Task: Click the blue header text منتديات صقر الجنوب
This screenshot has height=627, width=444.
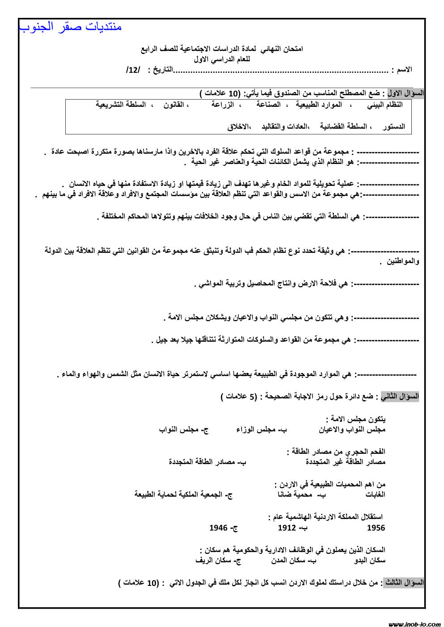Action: pos(71,27)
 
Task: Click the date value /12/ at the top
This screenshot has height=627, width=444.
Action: pos(133,70)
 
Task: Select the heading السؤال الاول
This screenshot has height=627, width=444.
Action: pos(405,93)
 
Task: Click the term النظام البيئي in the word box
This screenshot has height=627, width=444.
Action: pos(385,105)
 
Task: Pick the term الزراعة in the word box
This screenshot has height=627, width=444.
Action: pos(222,105)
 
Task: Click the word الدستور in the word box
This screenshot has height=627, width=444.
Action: pos(394,127)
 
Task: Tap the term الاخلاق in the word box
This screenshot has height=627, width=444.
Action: pos(237,127)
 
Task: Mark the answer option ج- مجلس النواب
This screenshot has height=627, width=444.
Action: pos(184,430)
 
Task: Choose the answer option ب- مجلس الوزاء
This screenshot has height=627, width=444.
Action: pos(262,430)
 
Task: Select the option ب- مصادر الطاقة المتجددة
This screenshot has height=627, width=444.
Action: pos(207,462)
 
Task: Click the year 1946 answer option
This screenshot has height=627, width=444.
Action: pos(223,528)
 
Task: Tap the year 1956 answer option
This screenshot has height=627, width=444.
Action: pos(376,528)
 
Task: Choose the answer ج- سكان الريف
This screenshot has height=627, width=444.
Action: pos(218,560)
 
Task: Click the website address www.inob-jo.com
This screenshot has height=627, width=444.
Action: pos(414,624)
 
